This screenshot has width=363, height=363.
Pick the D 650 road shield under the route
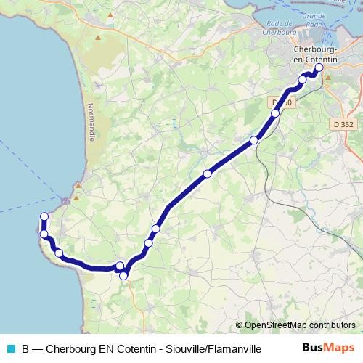[282, 103]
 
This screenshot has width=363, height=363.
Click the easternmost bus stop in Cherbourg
[319, 67]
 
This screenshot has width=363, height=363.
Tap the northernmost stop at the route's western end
[44, 216]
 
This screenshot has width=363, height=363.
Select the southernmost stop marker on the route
[123, 275]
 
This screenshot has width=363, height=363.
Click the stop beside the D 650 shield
[275, 113]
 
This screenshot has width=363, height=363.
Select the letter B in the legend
[26, 348]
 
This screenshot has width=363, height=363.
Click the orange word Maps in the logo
[339, 348]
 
